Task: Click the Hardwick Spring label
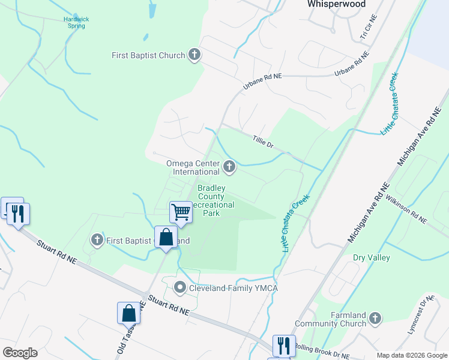pyautogui.click(x=76, y=22)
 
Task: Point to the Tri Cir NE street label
pyautogui.click(x=365, y=33)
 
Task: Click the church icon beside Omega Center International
pyautogui.click(x=229, y=166)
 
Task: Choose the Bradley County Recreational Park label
pyautogui.click(x=211, y=200)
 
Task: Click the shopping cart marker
pyautogui.click(x=181, y=212)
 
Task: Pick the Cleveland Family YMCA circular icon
pyautogui.click(x=180, y=289)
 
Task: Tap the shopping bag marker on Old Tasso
pyautogui.click(x=128, y=313)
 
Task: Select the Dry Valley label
pyautogui.click(x=372, y=258)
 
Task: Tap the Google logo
pyautogui.click(x=20, y=353)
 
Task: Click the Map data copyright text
pyautogui.click(x=412, y=355)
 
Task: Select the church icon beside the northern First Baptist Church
pyautogui.click(x=194, y=55)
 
